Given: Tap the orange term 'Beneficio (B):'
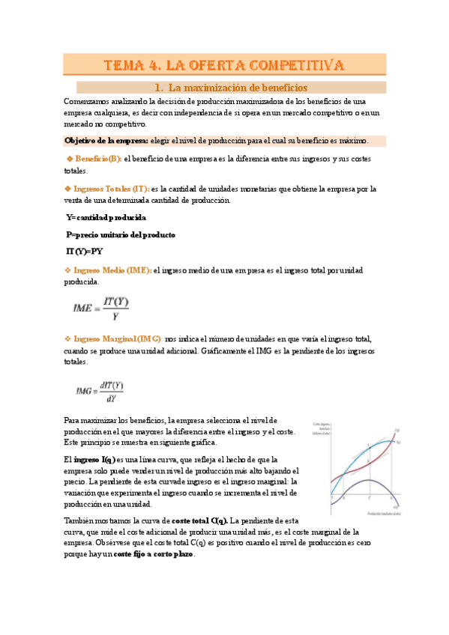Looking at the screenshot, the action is pos(93,159).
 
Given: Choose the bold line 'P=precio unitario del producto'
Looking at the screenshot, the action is pos(121,235).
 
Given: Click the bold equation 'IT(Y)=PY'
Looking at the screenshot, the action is pos(85,252).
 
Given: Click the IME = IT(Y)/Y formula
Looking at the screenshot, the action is pos(101,309).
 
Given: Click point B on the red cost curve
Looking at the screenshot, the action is pos(369,464).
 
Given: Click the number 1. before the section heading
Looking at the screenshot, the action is pos(158,88).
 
